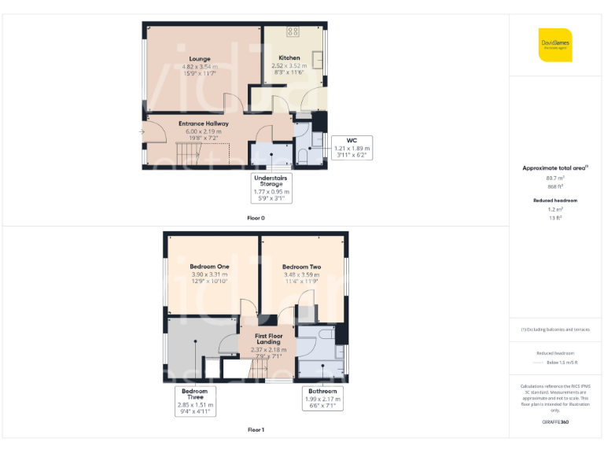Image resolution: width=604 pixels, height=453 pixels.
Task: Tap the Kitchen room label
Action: pos(289,58)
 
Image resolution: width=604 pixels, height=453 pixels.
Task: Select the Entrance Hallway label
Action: pos(203,123)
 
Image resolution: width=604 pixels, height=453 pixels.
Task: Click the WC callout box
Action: pos(352,146)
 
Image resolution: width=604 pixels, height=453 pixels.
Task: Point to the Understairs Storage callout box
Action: pos(271,187)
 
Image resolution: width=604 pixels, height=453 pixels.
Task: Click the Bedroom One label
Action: pos(208,267)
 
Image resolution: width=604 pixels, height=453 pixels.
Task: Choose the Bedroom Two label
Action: pos(302,267)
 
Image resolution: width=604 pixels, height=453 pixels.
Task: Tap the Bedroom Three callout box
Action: pos(194,400)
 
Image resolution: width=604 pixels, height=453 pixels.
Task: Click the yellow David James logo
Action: pos(555,45)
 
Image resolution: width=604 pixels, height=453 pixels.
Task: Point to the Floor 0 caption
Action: pos(256,215)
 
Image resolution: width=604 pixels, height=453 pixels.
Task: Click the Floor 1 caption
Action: pos(256,430)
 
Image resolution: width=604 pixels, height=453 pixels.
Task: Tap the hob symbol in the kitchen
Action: pos(293,31)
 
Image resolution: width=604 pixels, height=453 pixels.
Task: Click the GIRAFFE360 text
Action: pos(555,422)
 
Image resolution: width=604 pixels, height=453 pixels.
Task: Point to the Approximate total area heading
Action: pos(554,168)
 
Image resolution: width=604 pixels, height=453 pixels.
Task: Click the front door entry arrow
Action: pos(142,131)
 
